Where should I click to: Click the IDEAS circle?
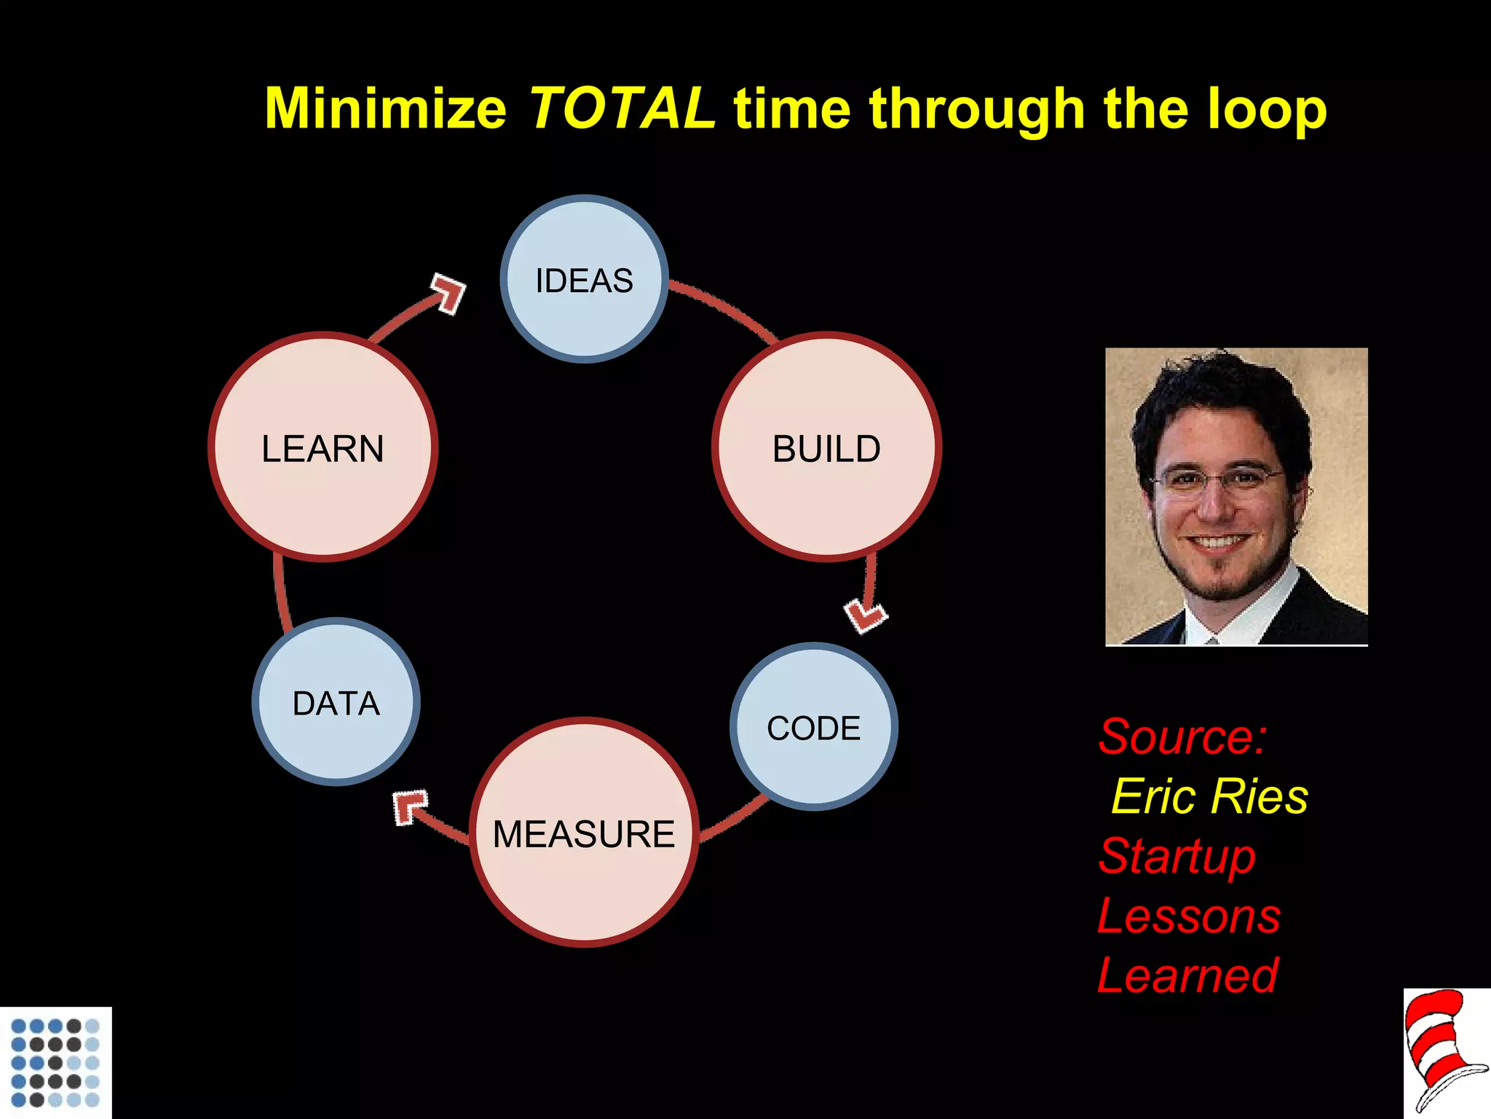[584, 279]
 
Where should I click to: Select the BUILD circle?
[826, 447]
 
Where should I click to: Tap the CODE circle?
[813, 726]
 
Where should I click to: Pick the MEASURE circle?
[584, 833]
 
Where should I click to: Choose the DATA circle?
[336, 702]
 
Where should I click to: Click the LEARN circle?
[323, 447]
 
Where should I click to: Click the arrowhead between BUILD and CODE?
[866, 616]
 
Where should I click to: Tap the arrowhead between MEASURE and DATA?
[409, 806]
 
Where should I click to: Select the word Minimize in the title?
[385, 109]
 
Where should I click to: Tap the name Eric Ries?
[1209, 796]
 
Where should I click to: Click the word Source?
[1182, 737]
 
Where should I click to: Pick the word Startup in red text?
[1177, 857]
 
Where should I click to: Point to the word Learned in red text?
[1187, 975]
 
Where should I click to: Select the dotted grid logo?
[55, 1062]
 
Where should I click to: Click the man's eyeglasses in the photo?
[1217, 480]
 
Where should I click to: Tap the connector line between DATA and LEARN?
[282, 590]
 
